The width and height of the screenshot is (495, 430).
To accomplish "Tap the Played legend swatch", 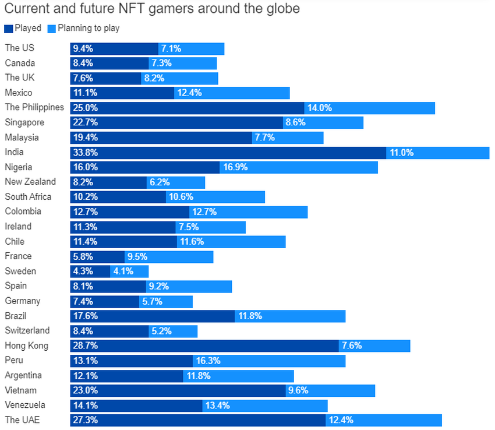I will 8,28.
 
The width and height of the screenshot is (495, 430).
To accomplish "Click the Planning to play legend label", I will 89,28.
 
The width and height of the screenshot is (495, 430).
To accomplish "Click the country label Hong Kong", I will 26,346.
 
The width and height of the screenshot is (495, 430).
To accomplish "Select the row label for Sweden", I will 20,271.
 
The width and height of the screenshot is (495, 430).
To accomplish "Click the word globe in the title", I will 285,9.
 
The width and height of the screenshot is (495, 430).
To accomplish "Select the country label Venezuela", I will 26,405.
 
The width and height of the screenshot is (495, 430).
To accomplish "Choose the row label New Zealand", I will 30,182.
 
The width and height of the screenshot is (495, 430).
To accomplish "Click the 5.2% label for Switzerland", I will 162,331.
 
